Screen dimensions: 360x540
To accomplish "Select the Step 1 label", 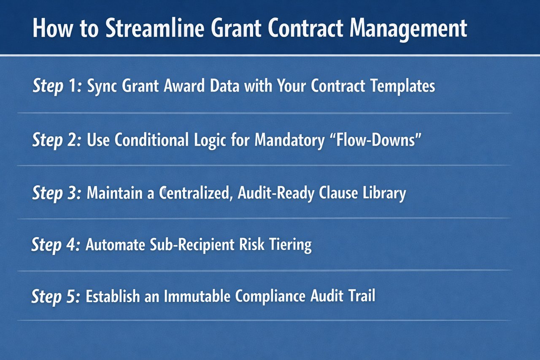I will point(57,87).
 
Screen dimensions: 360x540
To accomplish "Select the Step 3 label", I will point(57,194).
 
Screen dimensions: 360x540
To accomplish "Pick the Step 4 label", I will point(56,245).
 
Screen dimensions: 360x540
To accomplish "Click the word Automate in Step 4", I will point(115,245).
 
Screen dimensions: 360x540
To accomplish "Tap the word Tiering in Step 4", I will point(291,245).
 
